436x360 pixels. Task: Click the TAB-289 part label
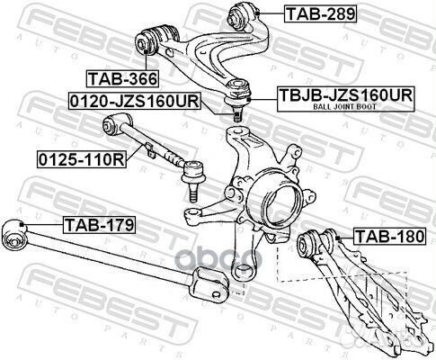[x=321, y=13]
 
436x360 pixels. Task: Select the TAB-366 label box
[x=122, y=79]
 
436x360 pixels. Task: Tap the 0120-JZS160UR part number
[x=135, y=101]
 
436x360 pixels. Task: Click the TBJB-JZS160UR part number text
[x=346, y=95]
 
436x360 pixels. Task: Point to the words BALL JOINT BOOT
[x=344, y=106]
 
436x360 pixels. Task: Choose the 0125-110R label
[x=82, y=160]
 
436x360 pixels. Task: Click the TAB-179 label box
[x=100, y=225]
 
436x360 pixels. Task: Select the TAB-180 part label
[x=389, y=237]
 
